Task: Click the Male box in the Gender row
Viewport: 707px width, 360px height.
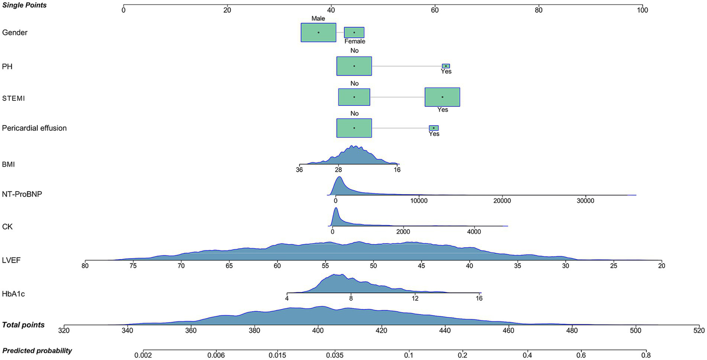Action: pyautogui.click(x=318, y=33)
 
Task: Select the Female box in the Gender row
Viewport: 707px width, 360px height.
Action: pyautogui.click(x=354, y=33)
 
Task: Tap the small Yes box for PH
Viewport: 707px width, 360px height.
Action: pyautogui.click(x=446, y=66)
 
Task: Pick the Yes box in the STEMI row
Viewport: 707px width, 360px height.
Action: pyautogui.click(x=442, y=97)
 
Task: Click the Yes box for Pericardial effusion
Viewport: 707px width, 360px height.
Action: pyautogui.click(x=433, y=128)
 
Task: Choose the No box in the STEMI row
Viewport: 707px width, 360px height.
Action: pyautogui.click(x=354, y=97)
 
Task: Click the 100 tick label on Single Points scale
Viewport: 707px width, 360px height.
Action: pyautogui.click(x=642, y=10)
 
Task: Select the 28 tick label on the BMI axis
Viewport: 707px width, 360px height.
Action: pyautogui.click(x=338, y=169)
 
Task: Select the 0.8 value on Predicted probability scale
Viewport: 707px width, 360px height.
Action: pyautogui.click(x=646, y=355)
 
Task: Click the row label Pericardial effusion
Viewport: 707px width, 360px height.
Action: pyautogui.click(x=35, y=128)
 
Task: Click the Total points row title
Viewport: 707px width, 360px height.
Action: pyautogui.click(x=23, y=325)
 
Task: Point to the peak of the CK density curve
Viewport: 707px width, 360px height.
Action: pyautogui.click(x=336, y=209)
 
